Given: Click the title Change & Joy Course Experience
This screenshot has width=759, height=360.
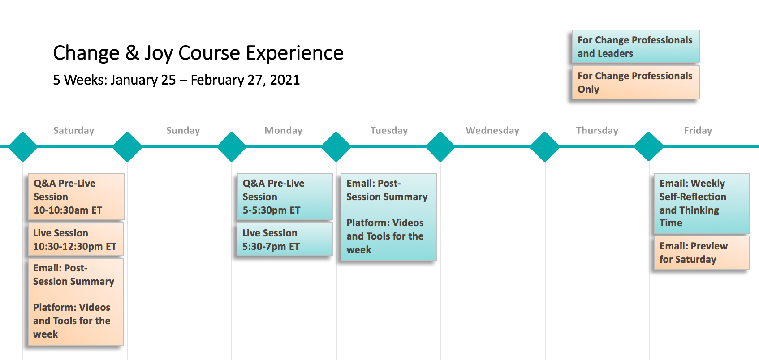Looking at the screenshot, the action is [198, 53].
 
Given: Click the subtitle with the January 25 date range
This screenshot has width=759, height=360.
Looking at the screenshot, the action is [176, 80].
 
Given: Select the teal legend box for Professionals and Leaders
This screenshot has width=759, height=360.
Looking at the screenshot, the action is [635, 47].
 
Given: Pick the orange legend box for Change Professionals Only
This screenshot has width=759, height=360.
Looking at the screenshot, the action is [635, 82].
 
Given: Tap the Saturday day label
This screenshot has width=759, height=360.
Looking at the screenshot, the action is [73, 130].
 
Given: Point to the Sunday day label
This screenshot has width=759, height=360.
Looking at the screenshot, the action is [183, 130].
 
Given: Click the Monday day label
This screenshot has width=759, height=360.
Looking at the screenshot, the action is [283, 130].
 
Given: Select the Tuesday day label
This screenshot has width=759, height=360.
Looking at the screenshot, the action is [389, 130].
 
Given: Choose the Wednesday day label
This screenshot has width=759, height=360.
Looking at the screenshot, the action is [492, 130].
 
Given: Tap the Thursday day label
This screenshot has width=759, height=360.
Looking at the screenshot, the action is [597, 130].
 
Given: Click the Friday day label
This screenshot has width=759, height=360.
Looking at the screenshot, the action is [698, 130].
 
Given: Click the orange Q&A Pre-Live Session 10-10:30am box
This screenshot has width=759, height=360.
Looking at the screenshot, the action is [76, 197].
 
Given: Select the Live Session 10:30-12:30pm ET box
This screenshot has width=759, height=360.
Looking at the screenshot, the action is [76, 239].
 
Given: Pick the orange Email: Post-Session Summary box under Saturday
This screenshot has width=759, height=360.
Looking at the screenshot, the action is [76, 302].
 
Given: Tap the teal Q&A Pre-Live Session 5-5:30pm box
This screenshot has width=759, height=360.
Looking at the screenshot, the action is [285, 197].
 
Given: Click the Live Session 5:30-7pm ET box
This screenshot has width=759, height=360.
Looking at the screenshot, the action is [285, 239].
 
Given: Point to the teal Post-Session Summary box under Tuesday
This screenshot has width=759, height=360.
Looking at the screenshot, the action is [388, 217].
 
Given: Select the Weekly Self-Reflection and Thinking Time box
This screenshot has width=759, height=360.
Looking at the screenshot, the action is [702, 203].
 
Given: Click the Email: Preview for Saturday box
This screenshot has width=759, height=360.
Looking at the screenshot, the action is [702, 253].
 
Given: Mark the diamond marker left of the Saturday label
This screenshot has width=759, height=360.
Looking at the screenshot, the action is [23, 146].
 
